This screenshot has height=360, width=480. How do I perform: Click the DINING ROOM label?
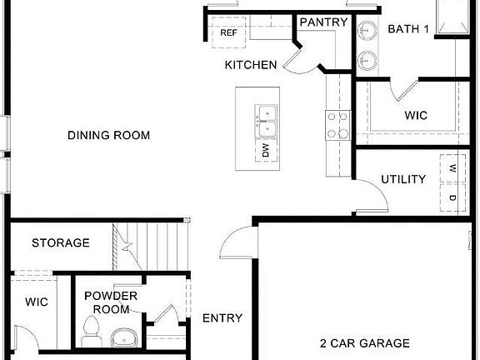pos(114,135)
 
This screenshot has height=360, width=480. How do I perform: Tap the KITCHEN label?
pos(251,64)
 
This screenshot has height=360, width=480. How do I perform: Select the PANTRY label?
pos(323,22)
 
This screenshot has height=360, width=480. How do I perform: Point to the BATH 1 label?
pos(408,29)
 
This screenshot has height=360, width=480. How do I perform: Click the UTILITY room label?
pos(403,179)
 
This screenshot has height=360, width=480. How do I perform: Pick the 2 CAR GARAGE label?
pos(365,342)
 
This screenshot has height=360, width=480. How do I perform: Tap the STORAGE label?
pos(61,243)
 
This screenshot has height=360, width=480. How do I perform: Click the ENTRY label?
pos(222,317)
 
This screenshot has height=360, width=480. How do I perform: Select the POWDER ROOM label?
pos(111,302)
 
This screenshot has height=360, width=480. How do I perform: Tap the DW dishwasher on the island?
pos(267,151)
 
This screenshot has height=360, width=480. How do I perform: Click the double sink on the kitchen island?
pos(267,121)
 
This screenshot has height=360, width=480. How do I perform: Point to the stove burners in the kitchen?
pos(337,126)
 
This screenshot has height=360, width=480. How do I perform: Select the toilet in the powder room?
pos(92,331)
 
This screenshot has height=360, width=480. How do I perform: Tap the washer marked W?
pos(452,169)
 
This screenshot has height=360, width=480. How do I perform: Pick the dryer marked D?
pos(452,197)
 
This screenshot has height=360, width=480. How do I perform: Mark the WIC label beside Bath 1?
pos(416,116)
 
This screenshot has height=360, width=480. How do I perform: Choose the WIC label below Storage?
pos(36,301)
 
